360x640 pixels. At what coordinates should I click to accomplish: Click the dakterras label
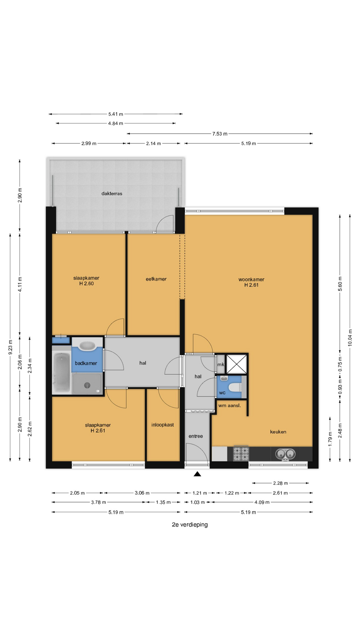coord(112,193)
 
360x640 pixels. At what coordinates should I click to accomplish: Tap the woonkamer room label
coord(251,279)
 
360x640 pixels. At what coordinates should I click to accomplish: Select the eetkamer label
coord(156,279)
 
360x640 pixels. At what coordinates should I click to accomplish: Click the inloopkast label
coord(163,425)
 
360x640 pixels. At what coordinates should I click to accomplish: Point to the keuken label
coord(278,432)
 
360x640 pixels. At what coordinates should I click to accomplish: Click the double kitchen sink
coord(285,454)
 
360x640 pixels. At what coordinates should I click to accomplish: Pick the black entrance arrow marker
coord(197,474)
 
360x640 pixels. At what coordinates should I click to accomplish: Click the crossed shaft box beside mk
coord(237,364)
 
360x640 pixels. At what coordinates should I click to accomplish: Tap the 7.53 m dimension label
coord(220,134)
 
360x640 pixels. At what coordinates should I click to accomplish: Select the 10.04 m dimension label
coord(350,338)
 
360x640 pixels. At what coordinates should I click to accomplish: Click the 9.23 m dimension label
coord(10,347)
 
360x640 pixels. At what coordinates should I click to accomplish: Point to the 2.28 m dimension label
coord(280,483)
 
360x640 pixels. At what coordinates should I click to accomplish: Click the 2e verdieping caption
coord(190,525)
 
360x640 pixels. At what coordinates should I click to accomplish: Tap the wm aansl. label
coord(229,405)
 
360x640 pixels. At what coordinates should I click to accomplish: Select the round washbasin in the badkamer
coord(87,346)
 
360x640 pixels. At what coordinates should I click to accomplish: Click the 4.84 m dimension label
coord(115,123)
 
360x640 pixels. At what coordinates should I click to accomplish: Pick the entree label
coord(196,436)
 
